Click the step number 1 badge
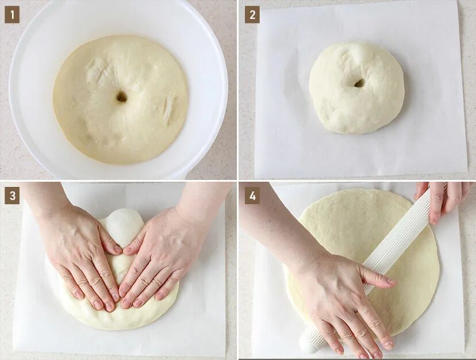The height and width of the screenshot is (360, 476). pos(12,14)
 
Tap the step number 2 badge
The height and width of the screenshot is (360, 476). pos(252,14)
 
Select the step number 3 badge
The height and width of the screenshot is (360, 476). pos(12,196)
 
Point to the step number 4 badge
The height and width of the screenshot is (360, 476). pos(252,196)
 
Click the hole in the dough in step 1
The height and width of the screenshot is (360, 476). pos(121,97)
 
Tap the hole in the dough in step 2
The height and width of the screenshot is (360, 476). pos(359,83)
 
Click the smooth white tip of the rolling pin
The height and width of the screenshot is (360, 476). pos(306,345)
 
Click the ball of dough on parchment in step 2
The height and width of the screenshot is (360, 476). pos(356,88)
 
